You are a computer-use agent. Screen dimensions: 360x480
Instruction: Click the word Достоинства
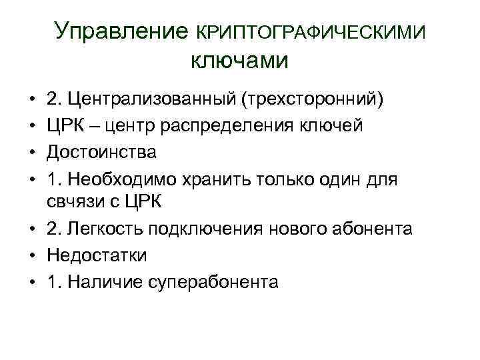tap(102, 152)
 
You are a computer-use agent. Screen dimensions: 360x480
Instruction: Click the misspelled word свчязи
tap(73, 203)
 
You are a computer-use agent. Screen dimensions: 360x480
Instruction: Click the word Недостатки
tap(97, 255)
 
